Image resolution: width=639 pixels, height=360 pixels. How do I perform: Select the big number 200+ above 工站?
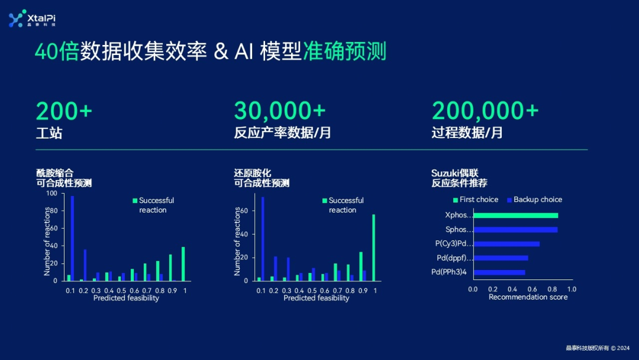[64, 111]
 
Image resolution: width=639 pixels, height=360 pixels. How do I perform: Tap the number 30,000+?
[280, 111]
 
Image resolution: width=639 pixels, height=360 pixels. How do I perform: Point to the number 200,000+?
[485, 111]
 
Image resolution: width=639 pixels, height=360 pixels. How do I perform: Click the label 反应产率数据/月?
[282, 133]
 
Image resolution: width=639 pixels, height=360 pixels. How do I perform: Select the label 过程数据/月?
[467, 133]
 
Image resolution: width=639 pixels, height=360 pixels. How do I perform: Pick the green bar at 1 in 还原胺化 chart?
[373, 247]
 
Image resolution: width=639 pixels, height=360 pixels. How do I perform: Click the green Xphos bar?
[515, 216]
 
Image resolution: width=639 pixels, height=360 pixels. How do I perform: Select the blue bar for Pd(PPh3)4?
[499, 272]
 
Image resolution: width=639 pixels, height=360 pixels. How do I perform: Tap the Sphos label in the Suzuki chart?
[459, 230]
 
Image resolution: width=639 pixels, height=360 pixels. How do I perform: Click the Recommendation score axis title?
[528, 297]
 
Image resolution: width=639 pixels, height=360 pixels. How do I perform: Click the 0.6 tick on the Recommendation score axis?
[532, 289]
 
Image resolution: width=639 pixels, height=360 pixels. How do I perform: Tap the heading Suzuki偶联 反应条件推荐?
[459, 178]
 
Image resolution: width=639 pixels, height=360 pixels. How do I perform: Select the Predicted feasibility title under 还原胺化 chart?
[316, 298]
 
